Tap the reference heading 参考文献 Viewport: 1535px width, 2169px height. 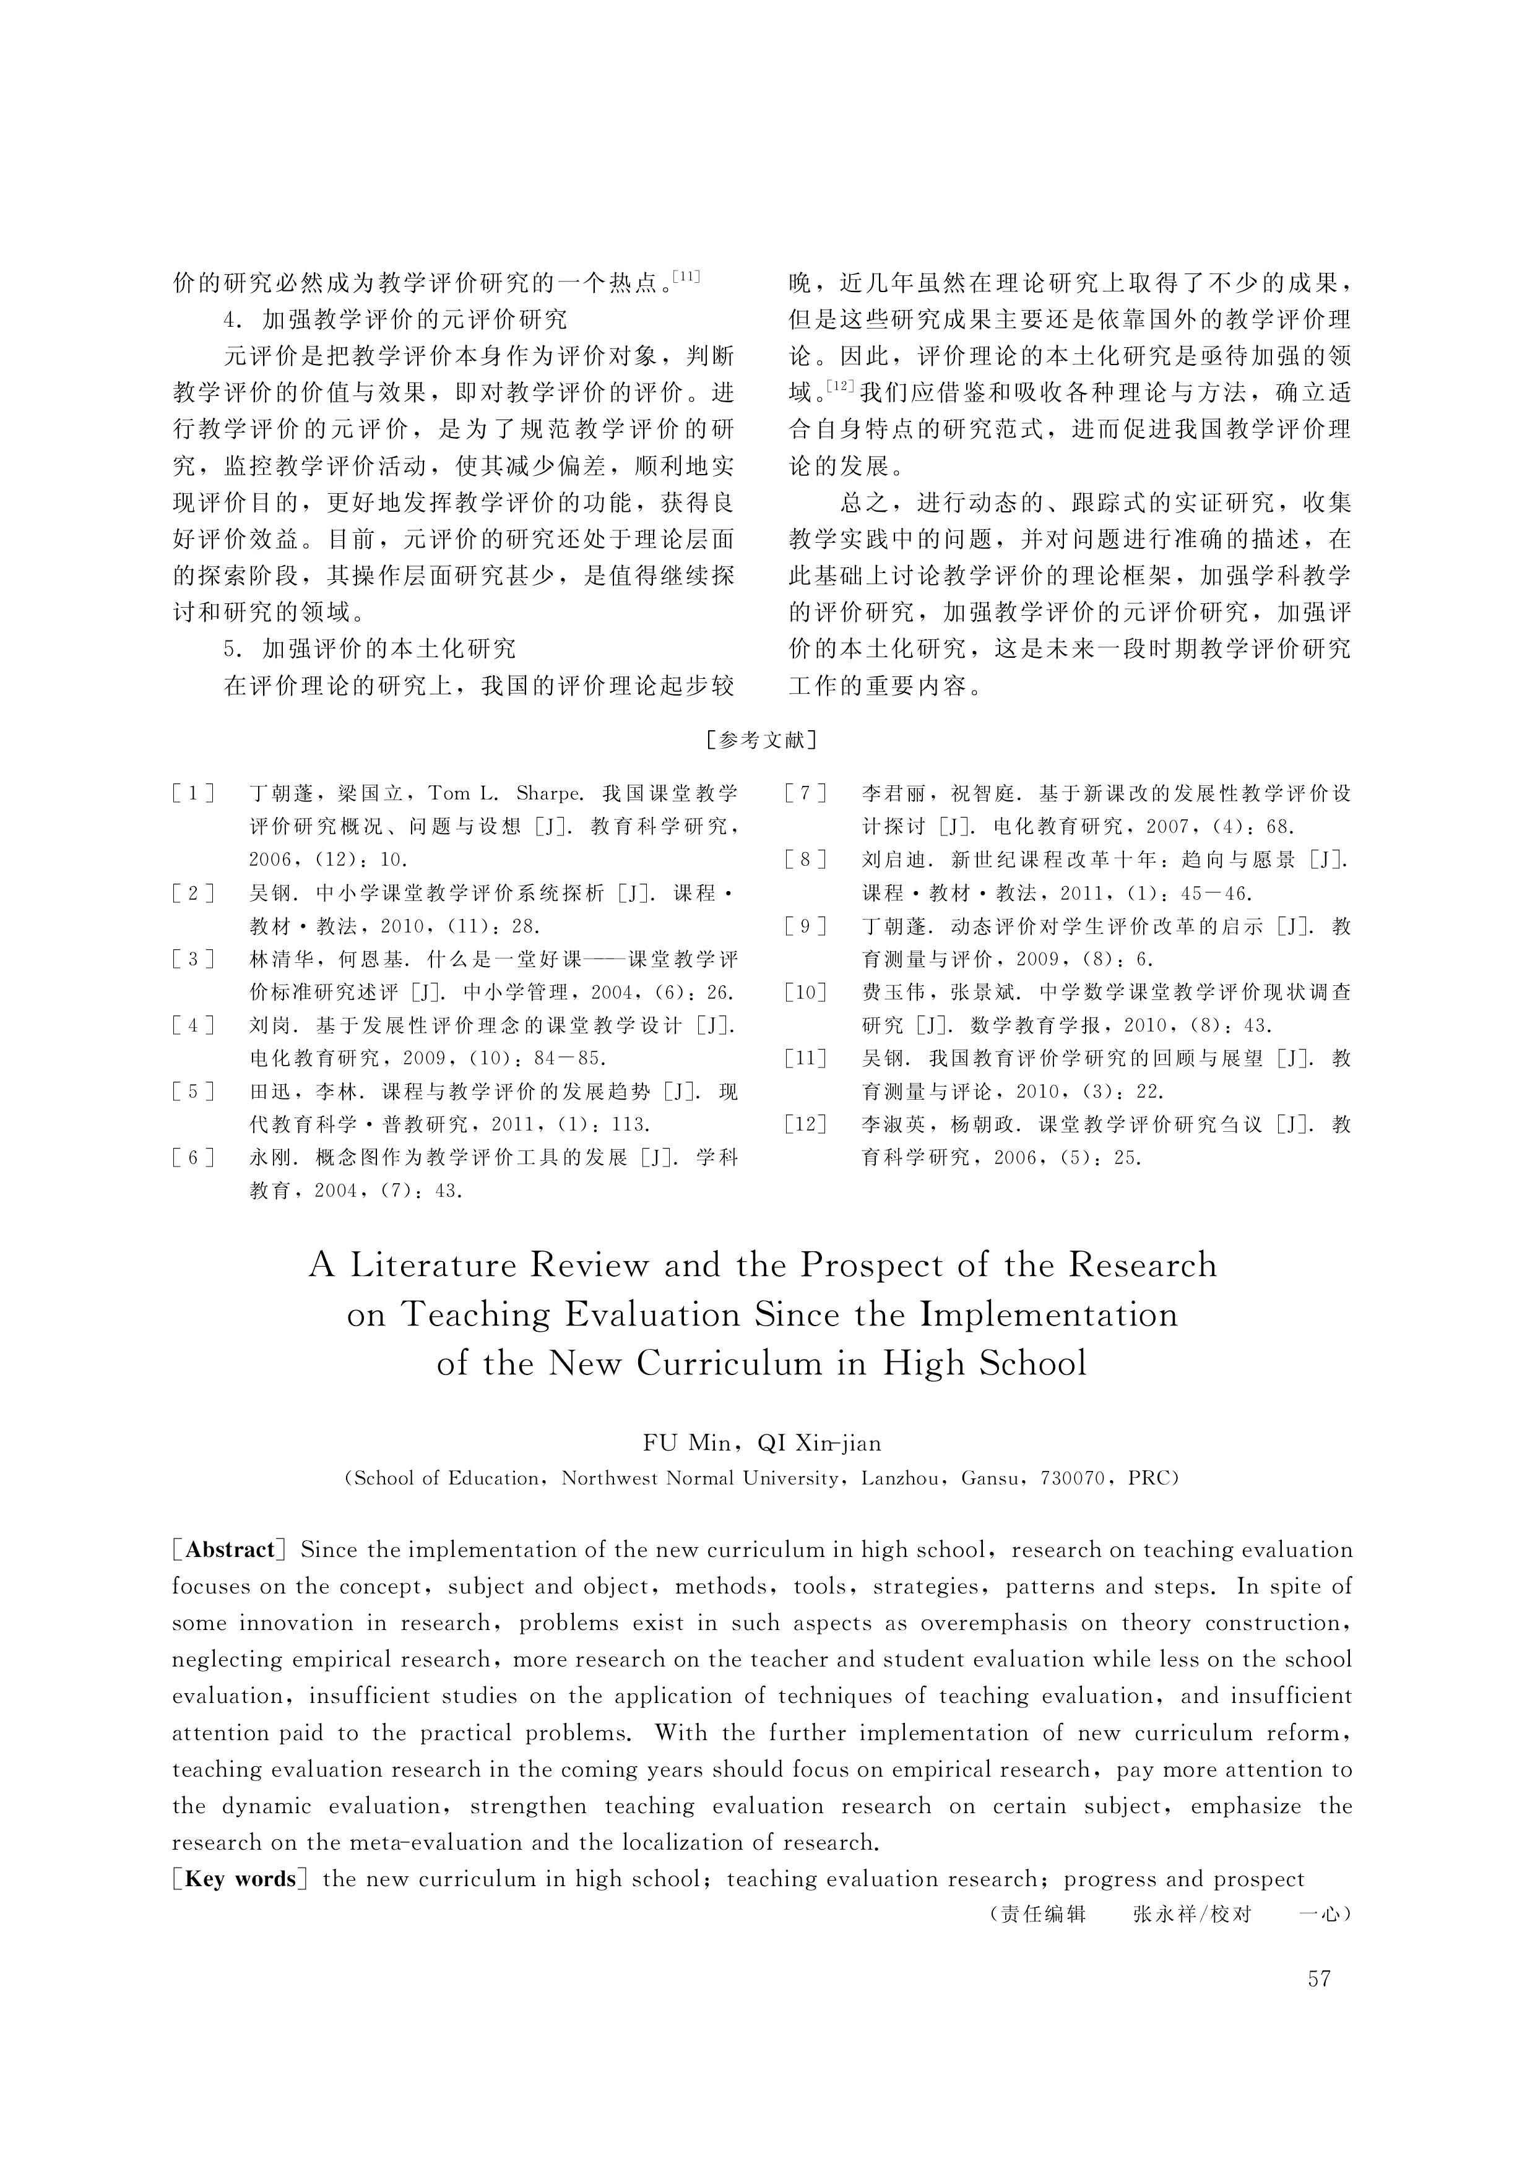click(x=762, y=740)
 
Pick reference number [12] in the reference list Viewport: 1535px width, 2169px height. click(x=805, y=1124)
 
